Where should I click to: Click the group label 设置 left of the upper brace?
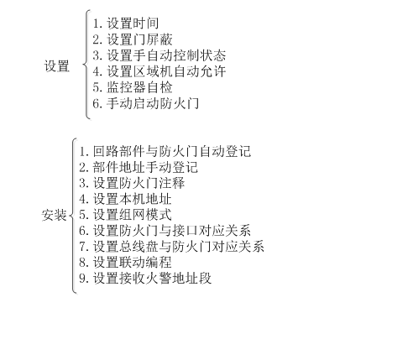tap(57, 66)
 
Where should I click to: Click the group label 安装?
tap(54, 216)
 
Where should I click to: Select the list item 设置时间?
tap(133, 23)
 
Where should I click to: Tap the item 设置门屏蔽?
tap(139, 39)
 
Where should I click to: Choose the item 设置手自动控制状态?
tap(166, 55)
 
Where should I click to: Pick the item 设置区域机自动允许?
tap(166, 71)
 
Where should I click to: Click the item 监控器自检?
tap(139, 87)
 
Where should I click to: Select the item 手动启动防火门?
tap(153, 103)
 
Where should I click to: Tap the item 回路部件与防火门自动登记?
tap(172, 151)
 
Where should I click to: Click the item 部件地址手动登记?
tap(145, 167)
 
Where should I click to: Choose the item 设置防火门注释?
tap(139, 183)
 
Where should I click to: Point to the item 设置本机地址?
tap(132, 199)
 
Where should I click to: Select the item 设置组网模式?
tap(132, 215)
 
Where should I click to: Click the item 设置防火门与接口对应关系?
tap(172, 231)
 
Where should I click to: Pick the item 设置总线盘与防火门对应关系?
tap(179, 247)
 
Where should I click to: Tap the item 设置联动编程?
tap(132, 263)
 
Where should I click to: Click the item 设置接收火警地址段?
tap(152, 279)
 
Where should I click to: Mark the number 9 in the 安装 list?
tap(82, 279)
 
